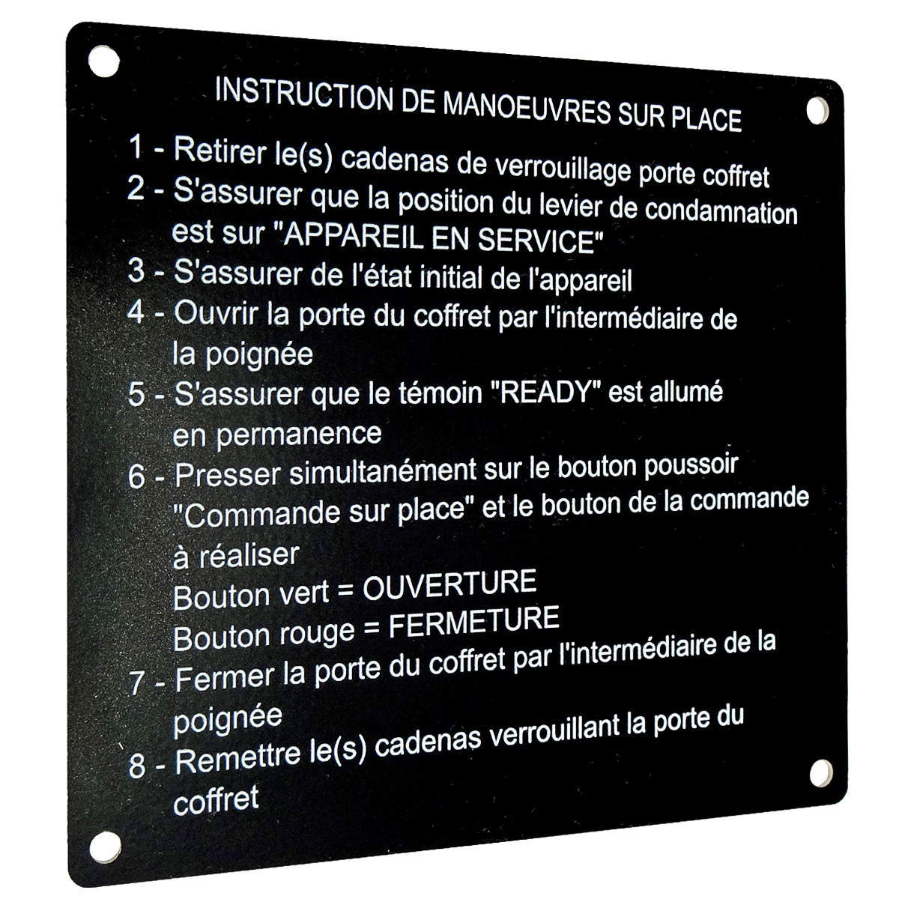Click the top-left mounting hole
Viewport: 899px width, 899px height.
(x=103, y=61)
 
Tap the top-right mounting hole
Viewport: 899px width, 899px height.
(x=818, y=111)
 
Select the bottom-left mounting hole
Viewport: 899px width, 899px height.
(x=105, y=847)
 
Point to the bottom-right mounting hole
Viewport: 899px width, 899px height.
(x=821, y=773)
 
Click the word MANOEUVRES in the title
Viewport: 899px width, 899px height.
(x=527, y=109)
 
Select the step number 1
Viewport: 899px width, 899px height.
(x=136, y=147)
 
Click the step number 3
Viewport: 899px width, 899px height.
(x=136, y=270)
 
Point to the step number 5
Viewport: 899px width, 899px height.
(x=136, y=395)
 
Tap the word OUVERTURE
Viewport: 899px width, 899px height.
(x=449, y=584)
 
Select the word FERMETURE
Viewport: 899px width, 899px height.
(x=474, y=621)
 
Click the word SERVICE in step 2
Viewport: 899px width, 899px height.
(x=536, y=240)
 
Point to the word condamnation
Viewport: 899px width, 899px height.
(x=721, y=213)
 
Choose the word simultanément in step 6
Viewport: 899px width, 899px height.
(x=383, y=471)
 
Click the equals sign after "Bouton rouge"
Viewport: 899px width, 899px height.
(x=372, y=629)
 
